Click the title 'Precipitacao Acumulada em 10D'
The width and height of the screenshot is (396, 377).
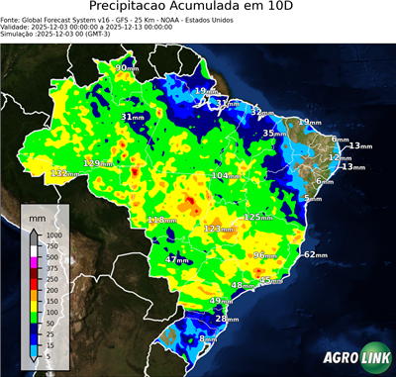coord(197,8)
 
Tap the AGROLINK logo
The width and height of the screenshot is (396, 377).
coord(354,357)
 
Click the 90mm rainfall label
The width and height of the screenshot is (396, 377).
coord(128,68)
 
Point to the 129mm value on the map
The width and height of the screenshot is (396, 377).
coord(99,162)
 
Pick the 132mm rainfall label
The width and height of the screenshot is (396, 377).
coord(66,173)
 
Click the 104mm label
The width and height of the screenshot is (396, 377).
coord(228,175)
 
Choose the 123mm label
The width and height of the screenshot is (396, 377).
coord(220,229)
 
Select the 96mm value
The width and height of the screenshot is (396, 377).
coord(265,255)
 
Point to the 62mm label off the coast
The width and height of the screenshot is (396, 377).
coord(315,254)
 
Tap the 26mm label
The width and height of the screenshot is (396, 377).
coord(227,319)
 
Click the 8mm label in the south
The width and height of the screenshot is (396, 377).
coord(209,339)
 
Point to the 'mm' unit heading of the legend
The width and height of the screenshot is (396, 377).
coord(38,216)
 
